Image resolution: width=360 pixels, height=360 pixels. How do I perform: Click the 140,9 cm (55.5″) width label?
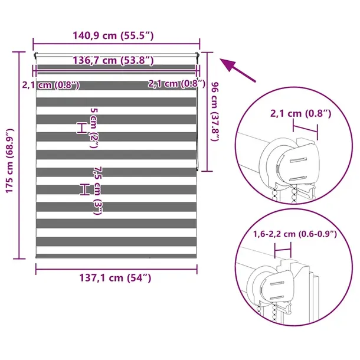[x=113, y=35]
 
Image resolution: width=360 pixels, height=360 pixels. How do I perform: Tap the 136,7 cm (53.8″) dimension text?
[x=113, y=60]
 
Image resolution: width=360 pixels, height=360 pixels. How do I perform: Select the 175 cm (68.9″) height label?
[x=10, y=161]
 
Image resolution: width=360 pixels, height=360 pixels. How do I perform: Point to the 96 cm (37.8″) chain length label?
[x=215, y=112]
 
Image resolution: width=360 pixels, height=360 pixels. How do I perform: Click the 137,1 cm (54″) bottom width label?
[x=115, y=278]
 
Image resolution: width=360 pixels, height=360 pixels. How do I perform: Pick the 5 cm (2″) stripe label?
[x=94, y=128]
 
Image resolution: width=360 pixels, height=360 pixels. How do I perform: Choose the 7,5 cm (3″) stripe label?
[x=97, y=191]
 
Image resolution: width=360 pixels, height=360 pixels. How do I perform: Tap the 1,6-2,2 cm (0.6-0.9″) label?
[x=295, y=234]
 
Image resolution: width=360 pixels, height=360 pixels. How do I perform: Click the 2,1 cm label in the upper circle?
[x=301, y=113]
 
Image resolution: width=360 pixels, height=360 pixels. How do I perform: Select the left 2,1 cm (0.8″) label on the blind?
[x=51, y=85]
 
